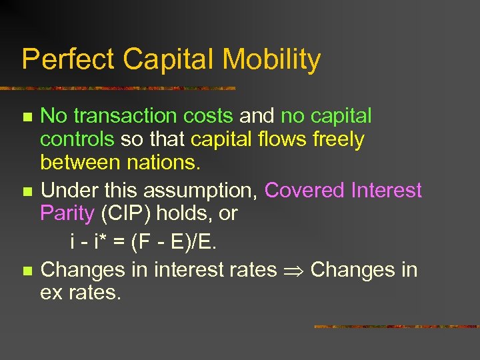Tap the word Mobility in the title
pyautogui.click(x=271, y=60)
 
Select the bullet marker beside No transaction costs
pyautogui.click(x=26, y=117)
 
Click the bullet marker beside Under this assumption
pyautogui.click(x=26, y=192)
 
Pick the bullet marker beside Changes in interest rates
pyautogui.click(x=26, y=271)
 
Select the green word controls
pyautogui.click(x=77, y=140)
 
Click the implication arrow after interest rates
pyautogui.click(x=293, y=271)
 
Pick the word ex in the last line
pyautogui.click(x=51, y=293)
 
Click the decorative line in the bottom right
pyautogui.click(x=396, y=327)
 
